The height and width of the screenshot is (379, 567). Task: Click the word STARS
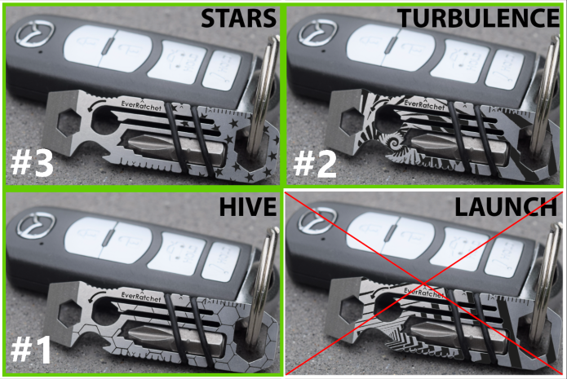238,18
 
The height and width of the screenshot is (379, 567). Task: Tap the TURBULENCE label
478,18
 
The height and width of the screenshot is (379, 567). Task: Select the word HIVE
248,207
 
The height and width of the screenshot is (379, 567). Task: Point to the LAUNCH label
506,207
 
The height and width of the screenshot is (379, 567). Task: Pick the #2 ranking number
315,165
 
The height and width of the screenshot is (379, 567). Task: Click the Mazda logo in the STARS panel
35,34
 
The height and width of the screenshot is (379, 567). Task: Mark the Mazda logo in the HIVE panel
36,226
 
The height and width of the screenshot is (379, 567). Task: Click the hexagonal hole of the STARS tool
70,121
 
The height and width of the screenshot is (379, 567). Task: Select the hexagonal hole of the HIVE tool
70,313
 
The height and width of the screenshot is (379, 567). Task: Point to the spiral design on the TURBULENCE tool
392,142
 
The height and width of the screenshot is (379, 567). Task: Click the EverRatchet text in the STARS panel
141,104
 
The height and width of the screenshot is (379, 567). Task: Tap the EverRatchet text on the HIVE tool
141,296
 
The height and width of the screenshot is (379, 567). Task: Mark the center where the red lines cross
423,284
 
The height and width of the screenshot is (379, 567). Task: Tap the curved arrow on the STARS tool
96,104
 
